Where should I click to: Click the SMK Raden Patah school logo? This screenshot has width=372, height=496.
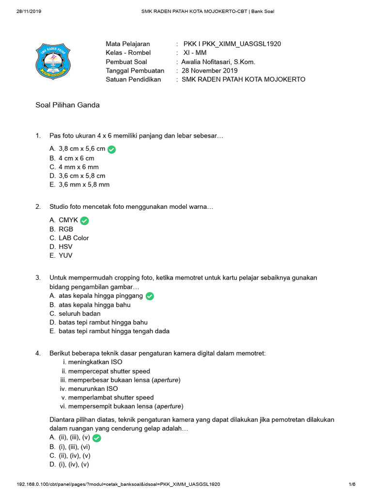pyautogui.click(x=53, y=62)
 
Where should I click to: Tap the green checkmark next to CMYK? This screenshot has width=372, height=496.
pyautogui.click(x=84, y=220)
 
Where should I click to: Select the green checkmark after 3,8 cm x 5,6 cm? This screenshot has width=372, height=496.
pyautogui.click(x=111, y=150)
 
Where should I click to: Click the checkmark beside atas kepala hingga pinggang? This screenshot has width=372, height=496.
pyautogui.click(x=150, y=296)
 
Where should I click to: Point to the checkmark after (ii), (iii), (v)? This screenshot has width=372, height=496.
pyautogui.click(x=96, y=438)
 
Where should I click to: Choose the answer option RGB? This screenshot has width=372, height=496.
pyautogui.click(x=66, y=229)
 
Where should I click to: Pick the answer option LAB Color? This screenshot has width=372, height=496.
pyautogui.click(x=74, y=238)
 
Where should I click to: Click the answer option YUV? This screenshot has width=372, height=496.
pyautogui.click(x=66, y=255)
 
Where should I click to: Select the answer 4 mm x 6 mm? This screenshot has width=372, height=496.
pyautogui.click(x=78, y=167)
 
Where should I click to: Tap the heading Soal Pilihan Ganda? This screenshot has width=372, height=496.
pyautogui.click(x=68, y=105)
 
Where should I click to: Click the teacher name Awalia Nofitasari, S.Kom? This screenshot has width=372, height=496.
pyautogui.click(x=218, y=62)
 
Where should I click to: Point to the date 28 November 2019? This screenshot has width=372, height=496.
pyautogui.click(x=210, y=71)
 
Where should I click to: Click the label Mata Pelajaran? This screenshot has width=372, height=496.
pyautogui.click(x=128, y=44)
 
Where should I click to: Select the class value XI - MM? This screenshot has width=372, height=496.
pyautogui.click(x=195, y=53)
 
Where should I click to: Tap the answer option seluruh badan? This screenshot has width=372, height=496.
pyautogui.click(x=79, y=313)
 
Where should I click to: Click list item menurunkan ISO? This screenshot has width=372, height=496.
pyautogui.click(x=93, y=388)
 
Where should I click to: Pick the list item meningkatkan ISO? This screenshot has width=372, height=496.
pyautogui.click(x=95, y=362)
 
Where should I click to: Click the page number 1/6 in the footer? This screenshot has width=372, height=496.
pyautogui.click(x=352, y=484)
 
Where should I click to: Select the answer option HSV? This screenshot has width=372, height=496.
pyautogui.click(x=65, y=247)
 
